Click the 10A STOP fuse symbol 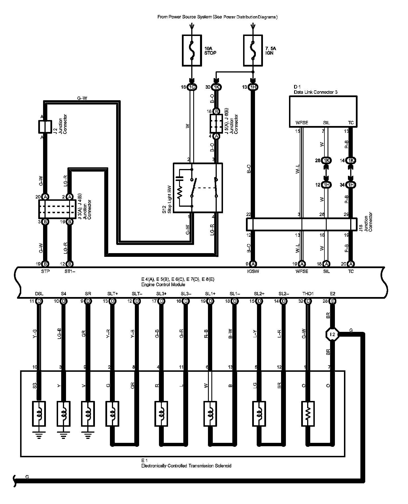tap(192, 50)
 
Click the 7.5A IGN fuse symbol tap(253, 50)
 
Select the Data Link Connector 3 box tap(323, 111)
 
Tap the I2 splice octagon tap(333, 334)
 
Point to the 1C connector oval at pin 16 tap(192, 87)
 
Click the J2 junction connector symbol tap(45, 127)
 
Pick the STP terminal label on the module tap(45, 271)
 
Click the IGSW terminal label tap(253, 271)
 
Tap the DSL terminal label tap(39, 294)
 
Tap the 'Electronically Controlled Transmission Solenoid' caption tap(186, 466)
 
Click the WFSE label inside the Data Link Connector tap(301, 123)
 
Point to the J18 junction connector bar tap(301, 224)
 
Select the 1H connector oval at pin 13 tap(253, 87)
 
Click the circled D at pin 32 tap(308, 301)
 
